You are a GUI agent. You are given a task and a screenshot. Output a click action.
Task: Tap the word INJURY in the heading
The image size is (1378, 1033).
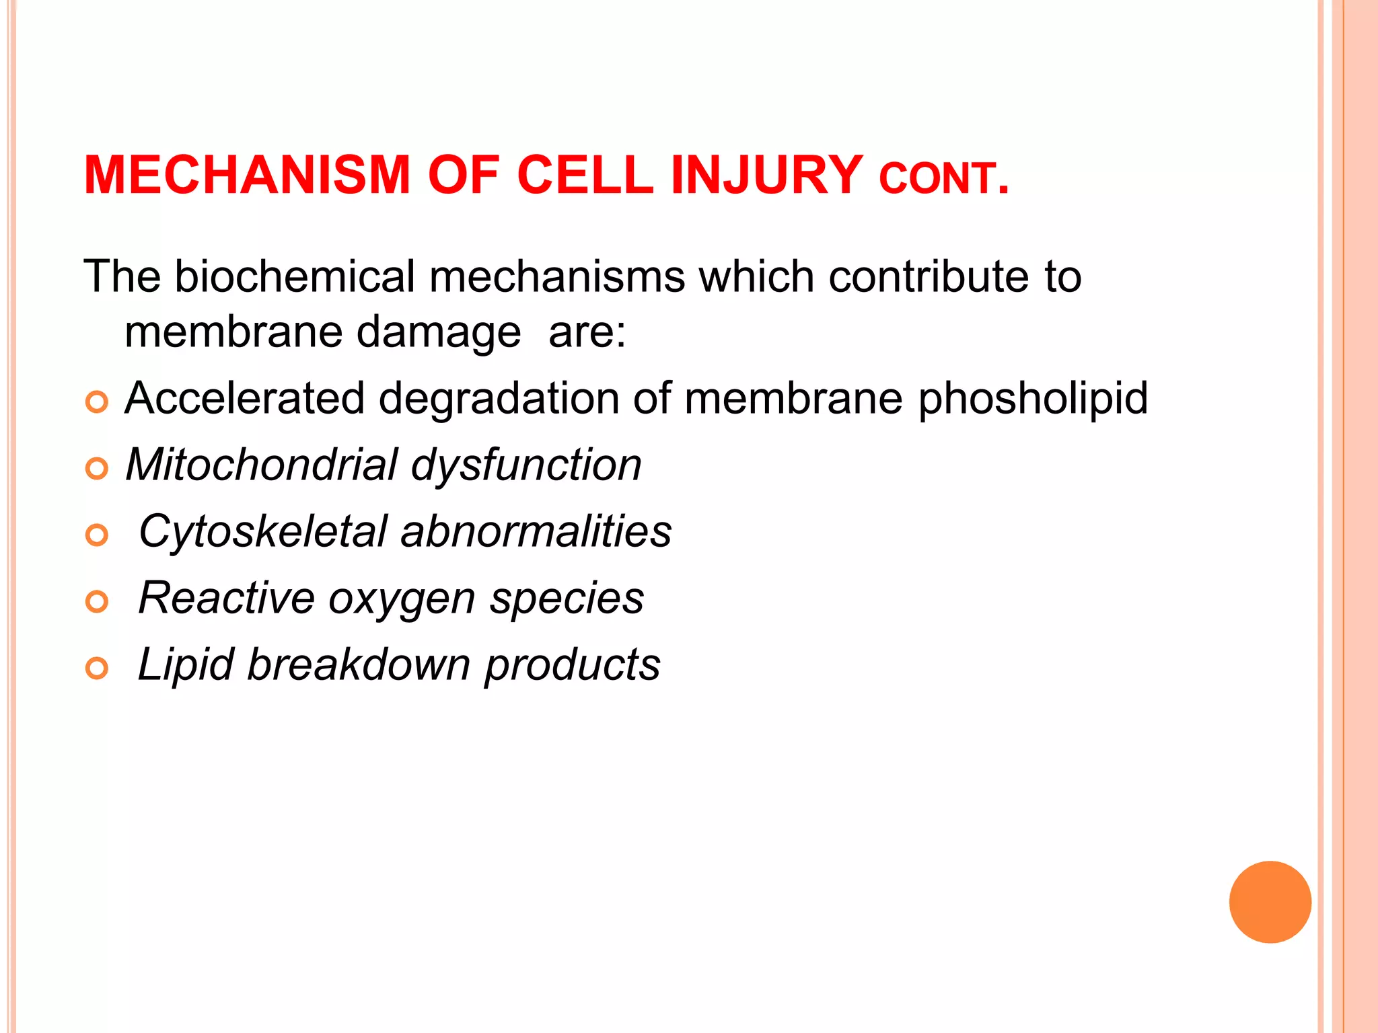pos(766,176)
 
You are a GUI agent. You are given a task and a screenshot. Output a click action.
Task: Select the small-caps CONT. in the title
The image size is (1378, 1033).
pos(943,179)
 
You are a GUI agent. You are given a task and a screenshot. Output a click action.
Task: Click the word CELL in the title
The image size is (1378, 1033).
pos(585,176)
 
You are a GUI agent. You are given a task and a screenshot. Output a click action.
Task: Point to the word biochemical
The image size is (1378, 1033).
pos(295,276)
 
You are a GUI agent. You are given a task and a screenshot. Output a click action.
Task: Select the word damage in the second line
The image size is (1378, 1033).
pos(438,333)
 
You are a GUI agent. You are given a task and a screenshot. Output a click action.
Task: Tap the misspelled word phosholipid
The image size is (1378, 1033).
pos(1033,399)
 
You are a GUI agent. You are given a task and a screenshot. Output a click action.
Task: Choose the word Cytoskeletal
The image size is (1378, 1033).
pos(263,531)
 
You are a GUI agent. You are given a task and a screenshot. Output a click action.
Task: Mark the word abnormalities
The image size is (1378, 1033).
pos(536,531)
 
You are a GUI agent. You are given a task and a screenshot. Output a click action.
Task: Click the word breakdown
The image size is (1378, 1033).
pos(359,664)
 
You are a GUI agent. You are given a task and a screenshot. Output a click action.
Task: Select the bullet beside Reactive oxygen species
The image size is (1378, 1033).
pos(97,602)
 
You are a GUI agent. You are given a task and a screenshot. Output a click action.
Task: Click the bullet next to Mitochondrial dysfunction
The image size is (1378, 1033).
pos(97,468)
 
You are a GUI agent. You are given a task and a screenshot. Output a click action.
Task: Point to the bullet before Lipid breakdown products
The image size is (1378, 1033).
pos(97,668)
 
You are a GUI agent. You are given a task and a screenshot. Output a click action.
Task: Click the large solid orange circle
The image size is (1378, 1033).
pos(1270,902)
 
